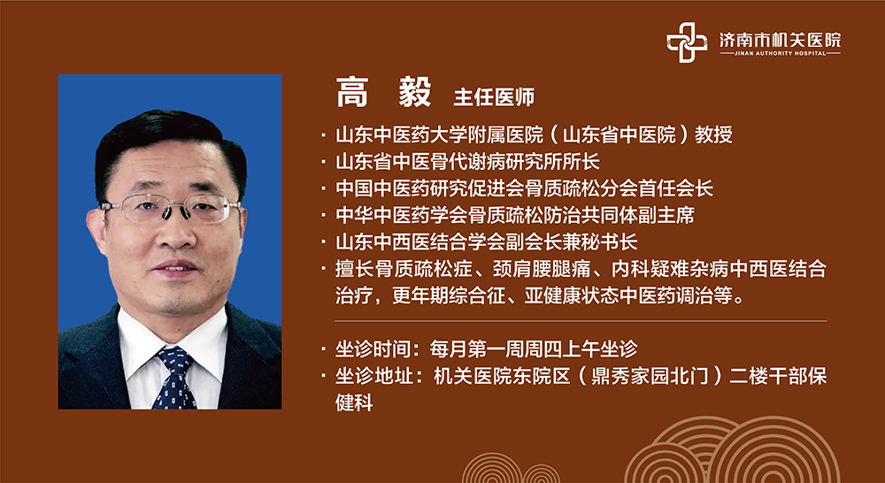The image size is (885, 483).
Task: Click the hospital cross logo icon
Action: [687, 42]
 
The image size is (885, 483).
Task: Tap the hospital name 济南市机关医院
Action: [780, 39]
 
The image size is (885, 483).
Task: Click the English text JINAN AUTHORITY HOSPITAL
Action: [780, 54]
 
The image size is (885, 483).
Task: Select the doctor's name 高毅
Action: [384, 93]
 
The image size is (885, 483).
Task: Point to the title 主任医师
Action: [494, 97]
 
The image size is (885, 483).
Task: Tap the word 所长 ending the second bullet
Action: [581, 162]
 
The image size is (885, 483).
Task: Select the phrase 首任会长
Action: [675, 188]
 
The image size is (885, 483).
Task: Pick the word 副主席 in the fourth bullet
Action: [666, 215]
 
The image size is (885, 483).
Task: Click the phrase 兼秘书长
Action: [601, 242]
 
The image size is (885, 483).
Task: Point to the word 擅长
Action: [355, 269]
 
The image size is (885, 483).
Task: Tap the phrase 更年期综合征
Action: [449, 296]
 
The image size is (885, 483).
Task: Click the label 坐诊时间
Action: [373, 349]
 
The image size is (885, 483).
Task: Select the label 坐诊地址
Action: [373, 376]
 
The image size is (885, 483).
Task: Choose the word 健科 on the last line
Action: [355, 402]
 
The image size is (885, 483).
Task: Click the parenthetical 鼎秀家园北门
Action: [647, 376]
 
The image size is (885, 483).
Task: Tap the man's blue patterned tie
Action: [175, 378]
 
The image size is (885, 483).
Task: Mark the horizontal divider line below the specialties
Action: [581, 321]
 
